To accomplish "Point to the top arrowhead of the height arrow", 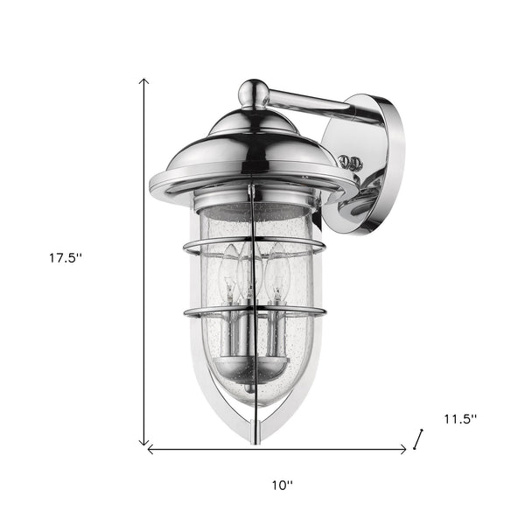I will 144,80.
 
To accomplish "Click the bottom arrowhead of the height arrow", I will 144,443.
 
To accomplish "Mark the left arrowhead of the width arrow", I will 150,450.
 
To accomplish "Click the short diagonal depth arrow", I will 419,438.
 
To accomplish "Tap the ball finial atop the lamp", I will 253,90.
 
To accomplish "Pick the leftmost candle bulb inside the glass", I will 230,271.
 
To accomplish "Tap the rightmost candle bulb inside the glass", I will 277,271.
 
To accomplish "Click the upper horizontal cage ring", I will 254,248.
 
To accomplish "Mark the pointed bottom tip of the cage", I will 254,432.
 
